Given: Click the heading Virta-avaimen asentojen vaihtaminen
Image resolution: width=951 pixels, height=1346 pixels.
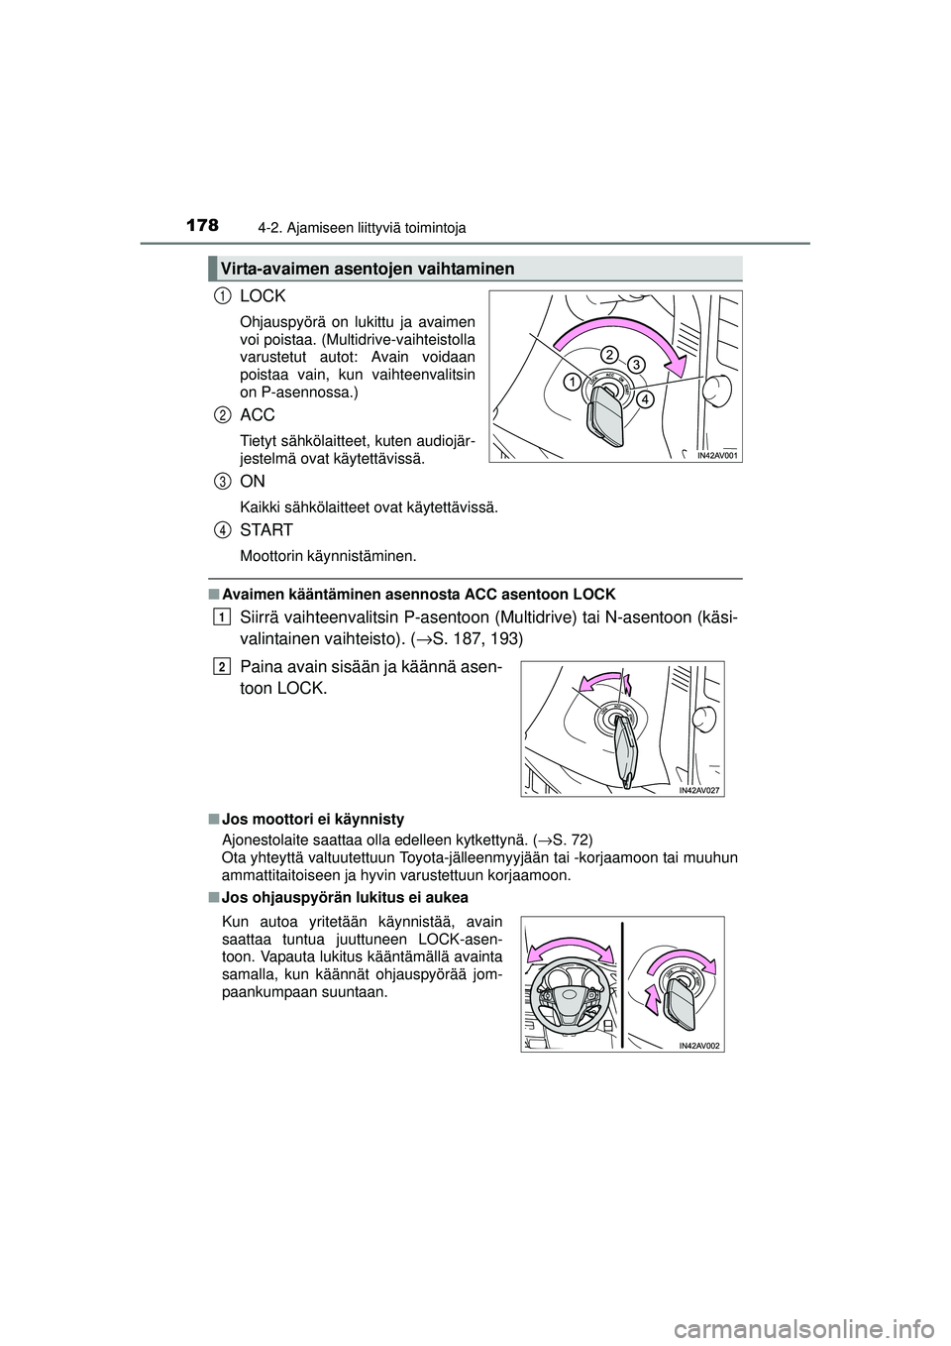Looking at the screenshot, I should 367,269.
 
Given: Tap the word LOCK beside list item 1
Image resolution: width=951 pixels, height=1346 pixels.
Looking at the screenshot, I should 263,296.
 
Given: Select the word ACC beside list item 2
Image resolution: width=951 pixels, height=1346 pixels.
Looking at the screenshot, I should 258,414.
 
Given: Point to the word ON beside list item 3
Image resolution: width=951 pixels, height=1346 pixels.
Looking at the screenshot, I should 253,481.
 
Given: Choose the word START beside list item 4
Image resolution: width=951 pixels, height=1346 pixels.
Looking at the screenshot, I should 266,530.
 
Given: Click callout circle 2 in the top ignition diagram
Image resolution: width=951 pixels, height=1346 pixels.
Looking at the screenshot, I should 608,355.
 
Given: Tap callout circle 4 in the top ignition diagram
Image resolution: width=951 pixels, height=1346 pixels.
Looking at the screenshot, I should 645,399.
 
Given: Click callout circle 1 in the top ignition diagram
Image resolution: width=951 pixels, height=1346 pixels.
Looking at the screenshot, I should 573,382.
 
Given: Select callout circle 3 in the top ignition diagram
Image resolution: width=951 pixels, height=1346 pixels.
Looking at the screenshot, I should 635,364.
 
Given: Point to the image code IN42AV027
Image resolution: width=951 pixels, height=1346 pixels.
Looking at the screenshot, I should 699,790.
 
